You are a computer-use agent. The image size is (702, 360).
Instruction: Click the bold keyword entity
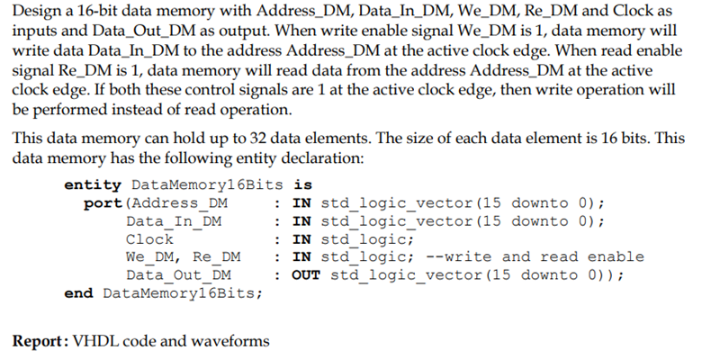coord(93,184)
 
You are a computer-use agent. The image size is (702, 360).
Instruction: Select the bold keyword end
coord(80,292)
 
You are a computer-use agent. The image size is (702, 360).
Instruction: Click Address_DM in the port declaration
coord(178,202)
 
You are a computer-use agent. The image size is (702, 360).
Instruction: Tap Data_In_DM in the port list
coord(174,220)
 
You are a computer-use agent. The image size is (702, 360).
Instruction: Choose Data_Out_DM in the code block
coord(178,274)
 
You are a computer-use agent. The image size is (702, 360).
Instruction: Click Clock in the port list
coord(149,238)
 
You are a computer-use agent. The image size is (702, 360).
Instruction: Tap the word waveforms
coord(229,341)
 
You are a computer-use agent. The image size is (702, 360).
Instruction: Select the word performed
coord(70,110)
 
